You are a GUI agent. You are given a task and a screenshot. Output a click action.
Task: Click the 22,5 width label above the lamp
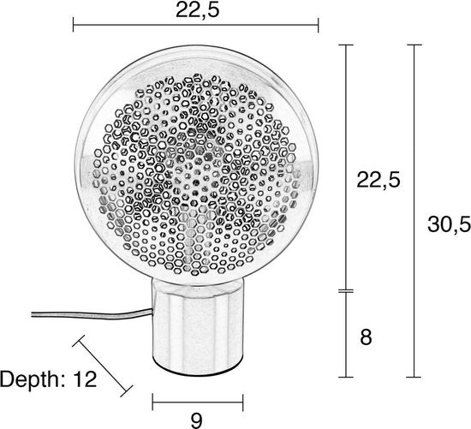(x=197, y=10)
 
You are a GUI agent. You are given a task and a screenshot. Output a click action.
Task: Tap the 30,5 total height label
(x=448, y=224)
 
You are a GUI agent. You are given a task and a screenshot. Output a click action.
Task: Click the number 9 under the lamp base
(x=196, y=419)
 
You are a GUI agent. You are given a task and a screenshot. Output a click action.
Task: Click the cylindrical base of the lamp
(x=196, y=330)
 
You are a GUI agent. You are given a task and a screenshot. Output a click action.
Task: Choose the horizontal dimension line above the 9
(x=196, y=400)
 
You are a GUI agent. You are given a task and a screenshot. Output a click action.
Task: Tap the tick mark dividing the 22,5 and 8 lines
(x=346, y=291)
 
